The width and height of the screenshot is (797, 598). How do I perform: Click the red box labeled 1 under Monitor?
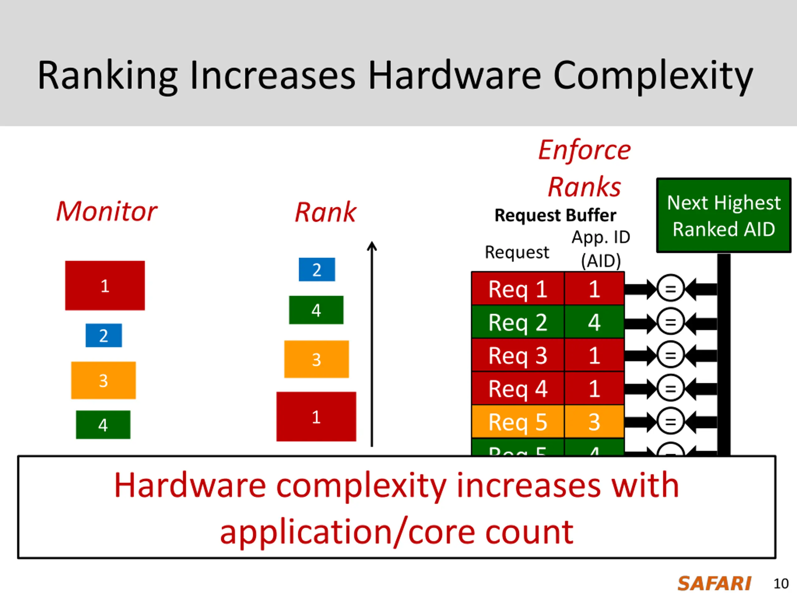[105, 286]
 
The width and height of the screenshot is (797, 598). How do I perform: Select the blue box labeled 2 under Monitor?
[103, 335]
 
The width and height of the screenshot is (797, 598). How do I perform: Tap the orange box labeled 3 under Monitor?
[103, 380]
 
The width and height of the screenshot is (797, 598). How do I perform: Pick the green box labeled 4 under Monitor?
[103, 425]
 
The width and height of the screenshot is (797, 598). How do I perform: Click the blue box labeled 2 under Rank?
[317, 270]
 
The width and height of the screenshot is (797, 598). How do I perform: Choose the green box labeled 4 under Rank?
[316, 310]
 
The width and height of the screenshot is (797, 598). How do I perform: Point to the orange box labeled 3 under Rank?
[316, 359]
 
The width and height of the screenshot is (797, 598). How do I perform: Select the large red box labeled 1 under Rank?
[316, 417]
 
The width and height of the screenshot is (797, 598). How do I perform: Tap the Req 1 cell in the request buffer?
[518, 289]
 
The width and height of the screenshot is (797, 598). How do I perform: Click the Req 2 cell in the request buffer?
[518, 322]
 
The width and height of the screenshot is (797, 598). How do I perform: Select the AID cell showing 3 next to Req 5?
[594, 422]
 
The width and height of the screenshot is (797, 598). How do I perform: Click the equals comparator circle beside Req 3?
[670, 355]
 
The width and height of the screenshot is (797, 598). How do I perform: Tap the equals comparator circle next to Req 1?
[670, 288]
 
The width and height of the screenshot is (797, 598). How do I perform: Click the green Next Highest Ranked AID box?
[724, 216]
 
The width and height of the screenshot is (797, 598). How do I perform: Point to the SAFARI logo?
[714, 584]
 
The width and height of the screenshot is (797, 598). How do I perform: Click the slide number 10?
[781, 584]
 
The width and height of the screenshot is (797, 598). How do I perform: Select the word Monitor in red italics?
[107, 211]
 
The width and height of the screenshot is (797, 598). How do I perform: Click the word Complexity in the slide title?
[653, 76]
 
